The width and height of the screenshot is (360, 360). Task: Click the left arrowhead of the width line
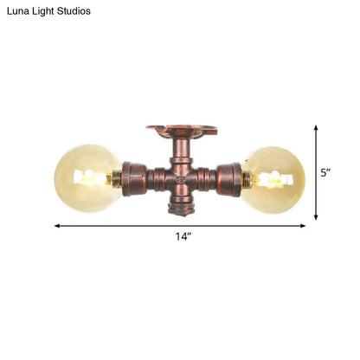(x=58, y=226)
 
